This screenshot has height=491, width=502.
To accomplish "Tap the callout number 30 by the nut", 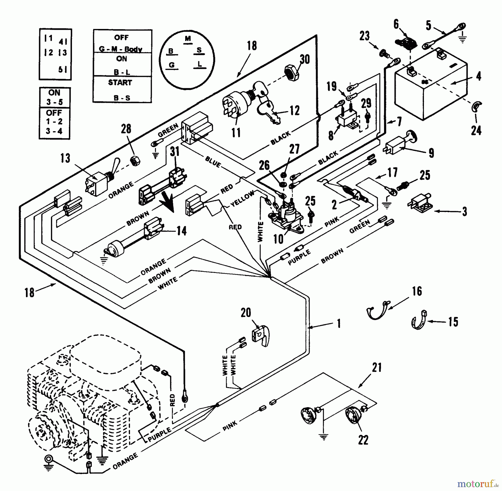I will [305, 59].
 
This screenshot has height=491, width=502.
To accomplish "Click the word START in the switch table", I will [120, 83].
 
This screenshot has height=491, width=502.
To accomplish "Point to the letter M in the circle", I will [188, 38].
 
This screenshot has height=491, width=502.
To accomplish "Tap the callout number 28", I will [126, 129].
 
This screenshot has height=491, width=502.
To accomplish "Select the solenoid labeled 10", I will [286, 217].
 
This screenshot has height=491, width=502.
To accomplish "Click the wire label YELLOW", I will [242, 199].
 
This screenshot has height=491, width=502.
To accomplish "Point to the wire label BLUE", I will [213, 162].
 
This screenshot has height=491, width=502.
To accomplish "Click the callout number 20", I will [246, 313].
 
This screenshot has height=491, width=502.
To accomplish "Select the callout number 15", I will [453, 322].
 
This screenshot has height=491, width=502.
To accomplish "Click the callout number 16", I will [417, 291].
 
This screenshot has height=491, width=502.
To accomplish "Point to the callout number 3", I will [464, 212].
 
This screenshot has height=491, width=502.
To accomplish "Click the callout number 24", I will [476, 130].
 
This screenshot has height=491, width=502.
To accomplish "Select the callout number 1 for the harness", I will [339, 323].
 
